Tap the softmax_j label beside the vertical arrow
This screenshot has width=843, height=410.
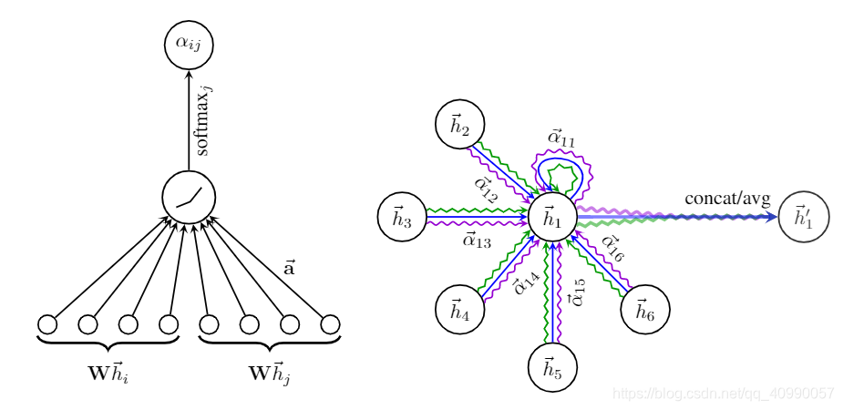[203, 119]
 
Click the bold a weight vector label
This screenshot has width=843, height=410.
[290, 268]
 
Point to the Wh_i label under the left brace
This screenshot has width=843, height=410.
[107, 374]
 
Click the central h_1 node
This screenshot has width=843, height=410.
[553, 218]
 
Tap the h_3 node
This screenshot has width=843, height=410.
[402, 218]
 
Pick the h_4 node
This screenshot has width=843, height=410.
[459, 310]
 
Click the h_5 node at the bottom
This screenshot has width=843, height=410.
[553, 368]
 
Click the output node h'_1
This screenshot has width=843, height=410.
[803, 218]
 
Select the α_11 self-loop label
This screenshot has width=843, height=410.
[560, 138]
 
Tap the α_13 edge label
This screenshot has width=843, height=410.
[477, 241]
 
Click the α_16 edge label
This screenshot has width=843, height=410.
[611, 251]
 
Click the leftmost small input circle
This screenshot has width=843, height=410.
[47, 323]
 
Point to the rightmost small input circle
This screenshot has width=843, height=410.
[330, 323]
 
